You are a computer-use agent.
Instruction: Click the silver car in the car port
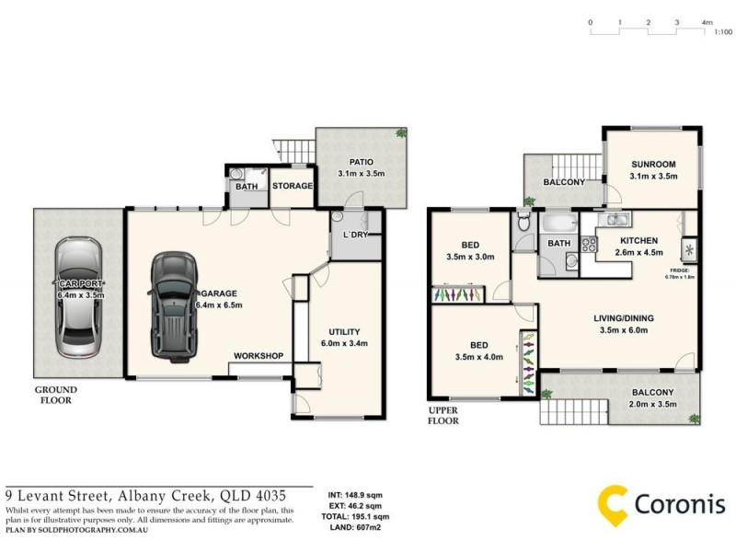point(76,299)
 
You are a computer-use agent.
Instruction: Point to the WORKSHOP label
point(258,356)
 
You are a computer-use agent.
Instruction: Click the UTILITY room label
point(344,331)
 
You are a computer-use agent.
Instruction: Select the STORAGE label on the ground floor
point(293,186)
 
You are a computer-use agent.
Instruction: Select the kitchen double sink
point(615,219)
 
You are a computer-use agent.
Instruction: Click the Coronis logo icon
point(614,502)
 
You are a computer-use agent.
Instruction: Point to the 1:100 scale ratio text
point(723,32)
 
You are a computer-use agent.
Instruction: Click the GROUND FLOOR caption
point(56,395)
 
